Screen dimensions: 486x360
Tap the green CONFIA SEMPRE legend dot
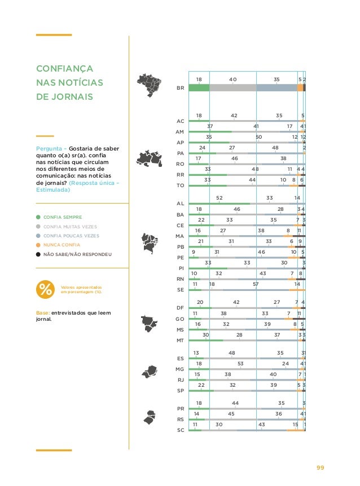pos(38,217)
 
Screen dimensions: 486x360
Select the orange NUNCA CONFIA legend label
pos(62,245)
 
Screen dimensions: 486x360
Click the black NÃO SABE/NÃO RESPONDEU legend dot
pos(38,254)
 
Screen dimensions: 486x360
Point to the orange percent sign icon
pos(45,289)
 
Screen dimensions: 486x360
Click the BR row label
pos(181,88)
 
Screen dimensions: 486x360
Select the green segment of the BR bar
pos(199,87)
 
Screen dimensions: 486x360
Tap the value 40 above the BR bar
pos(233,80)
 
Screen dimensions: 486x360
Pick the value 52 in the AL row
pos(219,198)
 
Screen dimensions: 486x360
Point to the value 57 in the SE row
pos(256,285)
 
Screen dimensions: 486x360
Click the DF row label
pos(181,308)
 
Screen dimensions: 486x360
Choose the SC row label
pos(181,430)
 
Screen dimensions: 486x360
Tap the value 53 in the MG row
pos(240,364)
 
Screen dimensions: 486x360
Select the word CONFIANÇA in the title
pos(64,69)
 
